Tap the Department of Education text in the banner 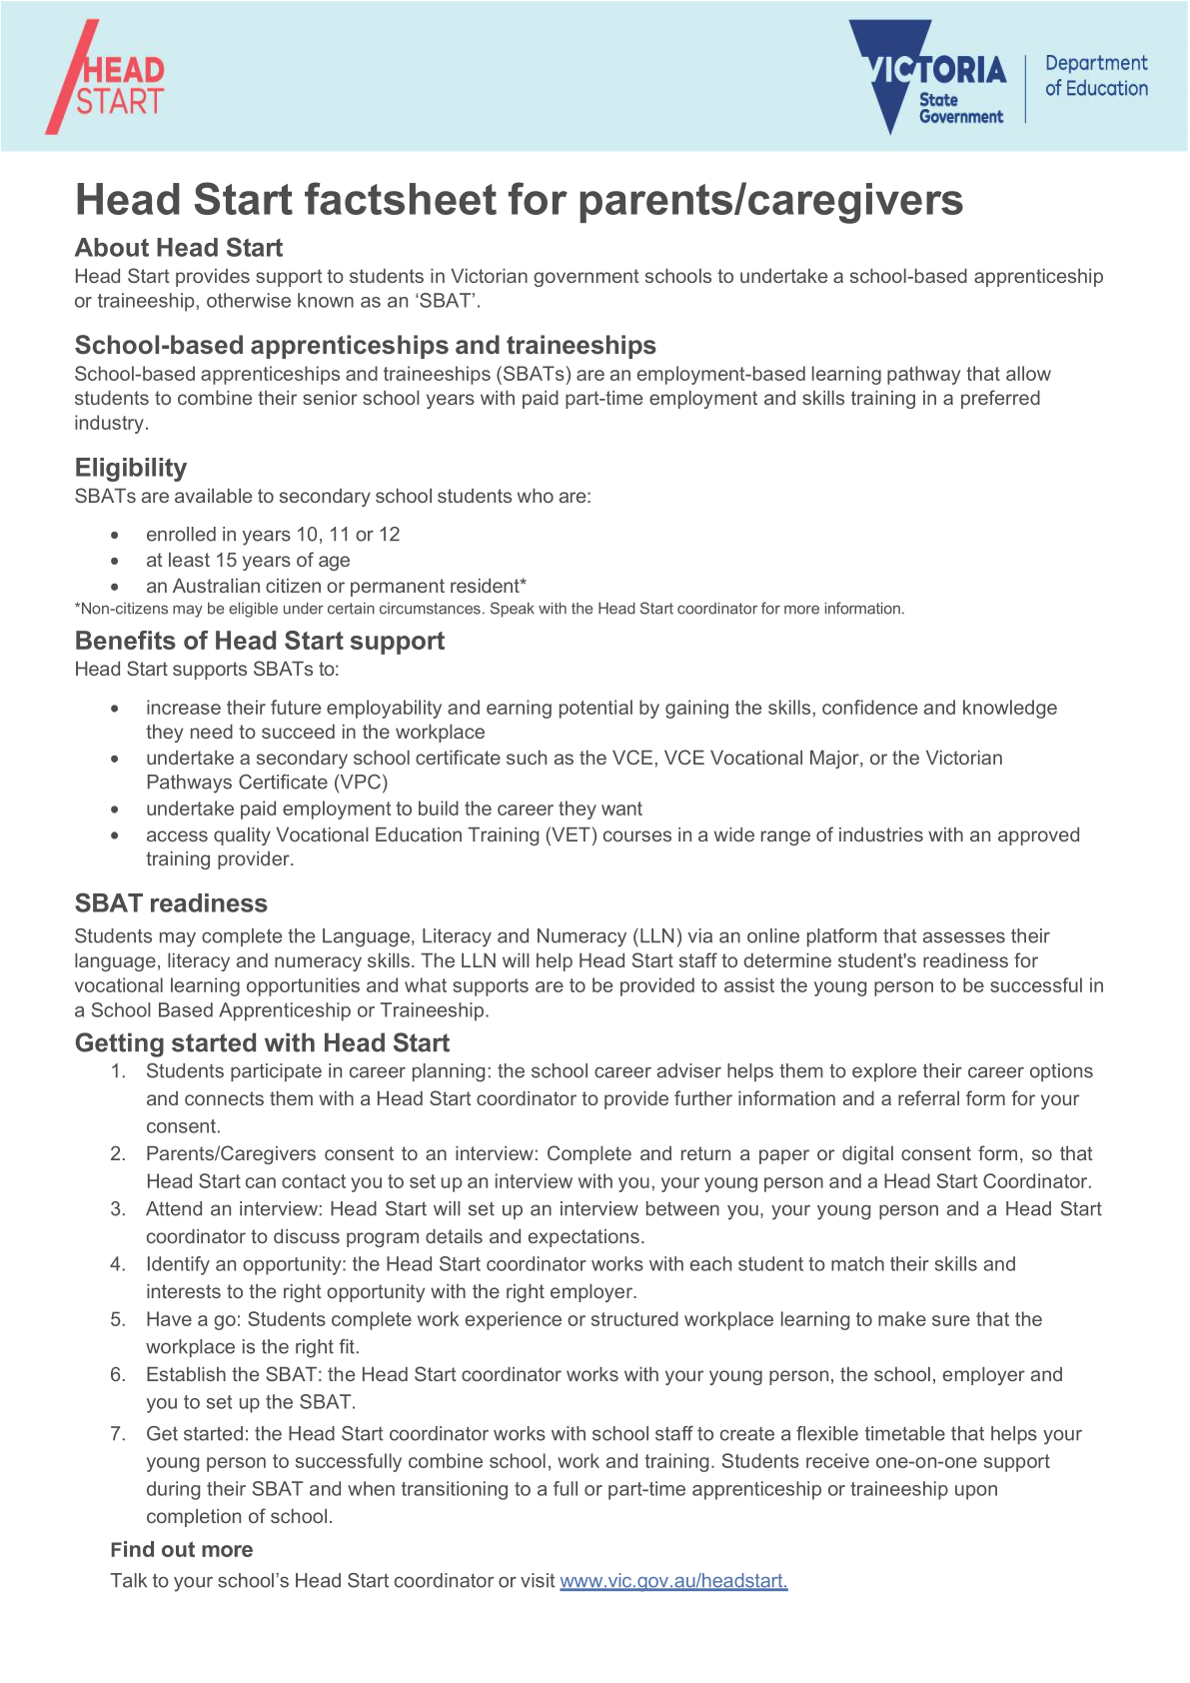(x=1096, y=76)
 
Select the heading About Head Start (x=179, y=248)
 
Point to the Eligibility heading (x=131, y=468)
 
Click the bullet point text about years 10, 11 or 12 (x=273, y=535)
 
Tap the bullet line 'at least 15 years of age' (x=248, y=561)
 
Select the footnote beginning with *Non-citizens (x=490, y=609)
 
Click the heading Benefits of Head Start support (x=260, y=641)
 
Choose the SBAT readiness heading (x=171, y=903)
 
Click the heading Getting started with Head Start (x=262, y=1043)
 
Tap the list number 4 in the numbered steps (x=118, y=1264)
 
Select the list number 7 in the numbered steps (x=118, y=1434)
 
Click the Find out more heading (x=182, y=1550)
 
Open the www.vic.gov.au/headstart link (x=673, y=1581)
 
